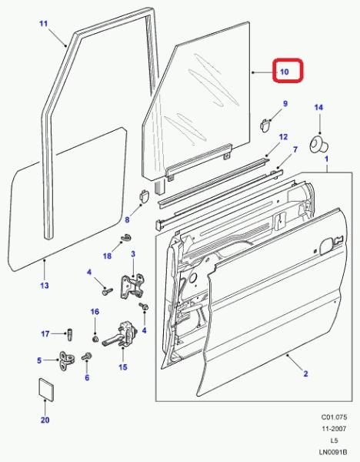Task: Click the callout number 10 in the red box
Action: point(285,72)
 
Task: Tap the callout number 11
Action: point(43,23)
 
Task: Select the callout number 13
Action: point(44,285)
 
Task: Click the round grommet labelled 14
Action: point(318,145)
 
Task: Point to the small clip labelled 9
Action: point(265,125)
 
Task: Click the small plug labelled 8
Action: point(144,196)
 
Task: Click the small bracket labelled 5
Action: point(67,361)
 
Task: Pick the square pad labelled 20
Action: point(46,390)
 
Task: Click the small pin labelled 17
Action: point(70,334)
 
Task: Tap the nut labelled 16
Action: point(95,339)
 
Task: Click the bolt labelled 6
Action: point(87,357)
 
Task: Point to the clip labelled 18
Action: point(127,236)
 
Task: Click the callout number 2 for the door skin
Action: point(305,373)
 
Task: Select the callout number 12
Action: point(283,137)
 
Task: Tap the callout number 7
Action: point(295,149)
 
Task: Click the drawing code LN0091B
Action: point(333,452)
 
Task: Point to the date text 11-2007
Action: point(334,429)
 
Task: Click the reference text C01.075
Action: point(334,417)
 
